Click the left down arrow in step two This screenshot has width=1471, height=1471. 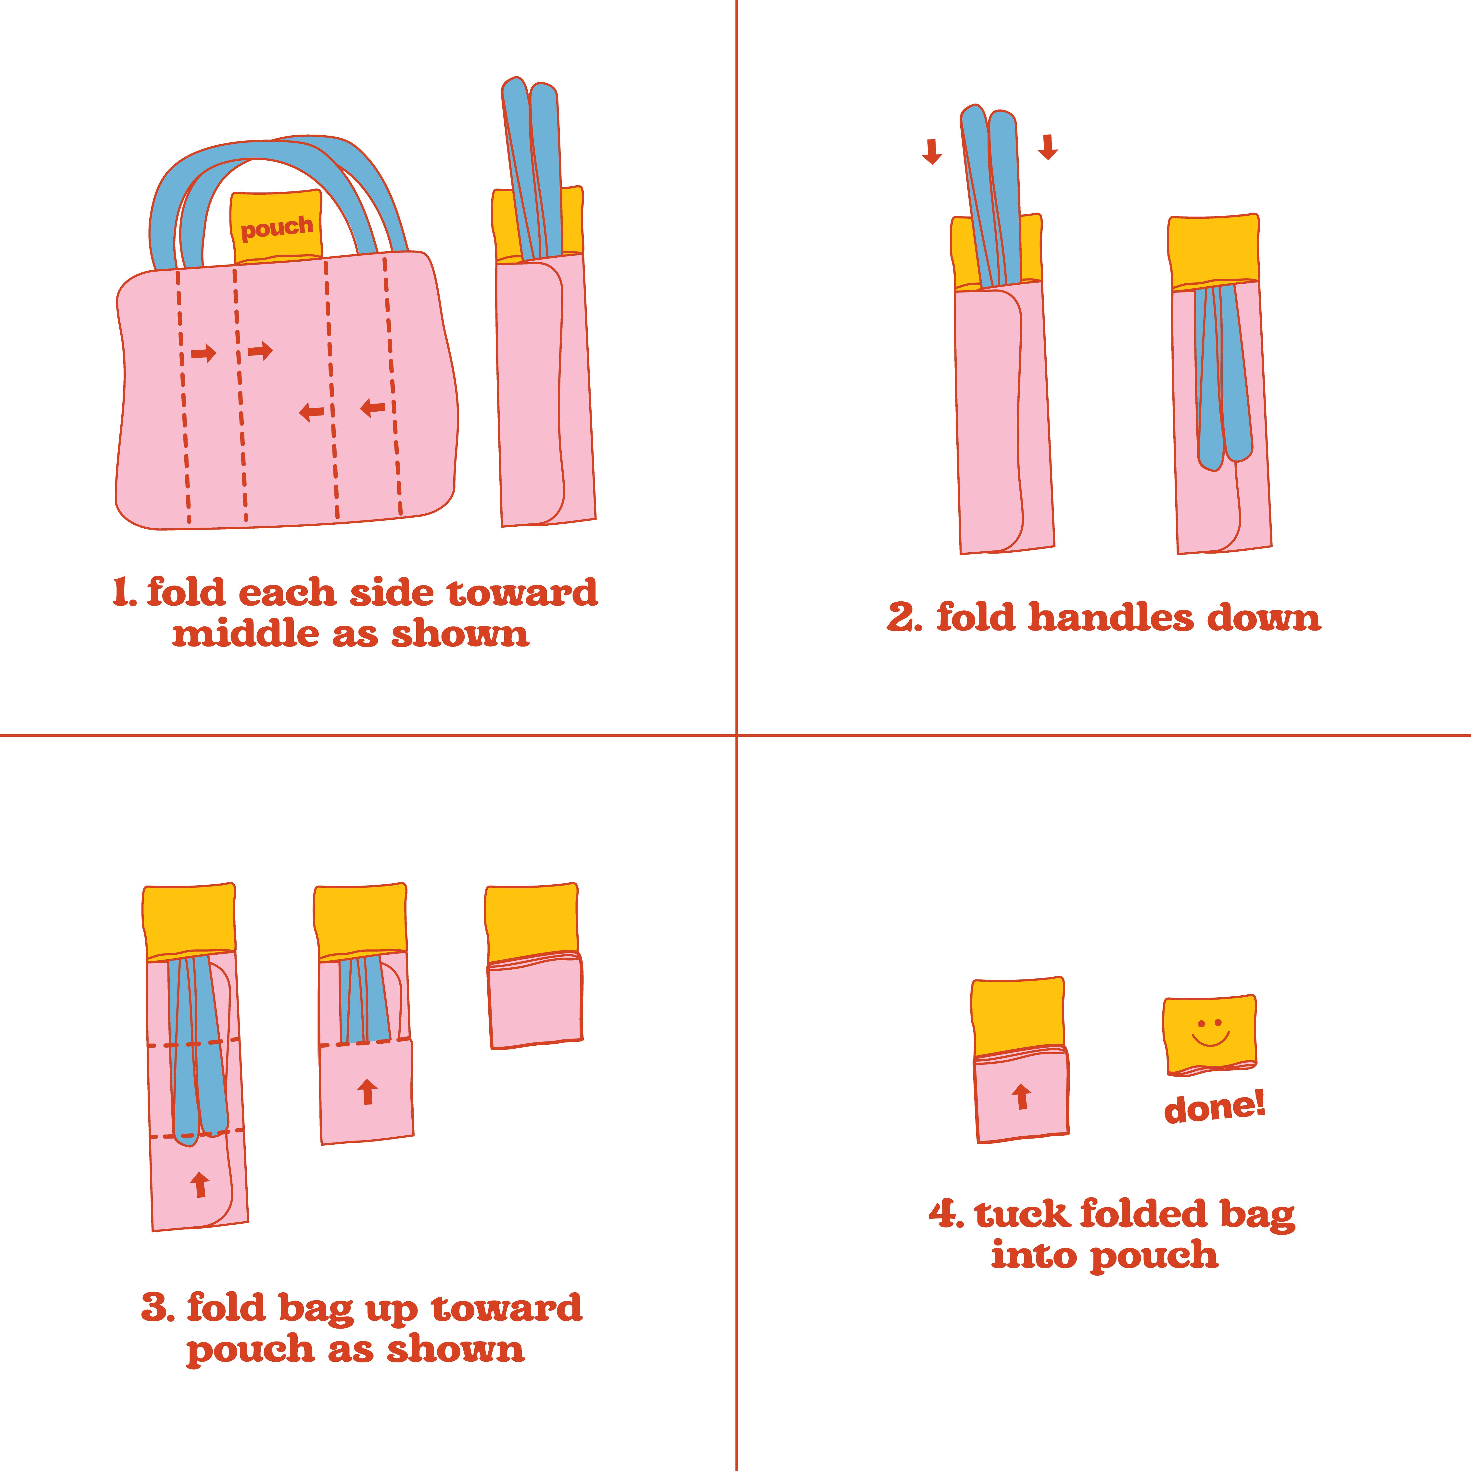point(931,152)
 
